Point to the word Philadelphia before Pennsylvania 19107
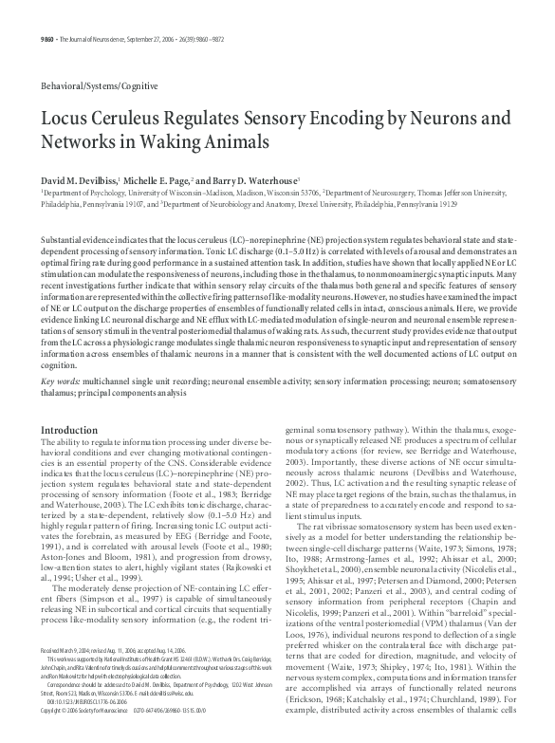pyautogui.click(x=62, y=203)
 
